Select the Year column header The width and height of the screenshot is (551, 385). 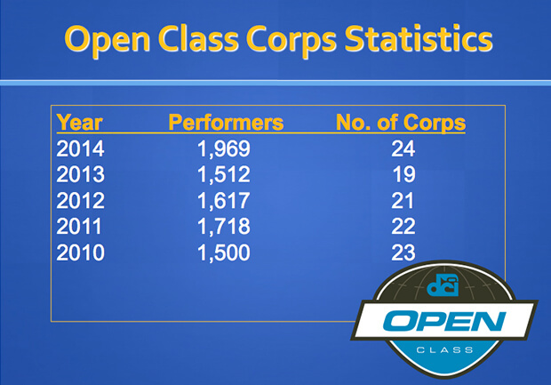(x=79, y=123)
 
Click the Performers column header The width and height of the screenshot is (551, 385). (x=226, y=123)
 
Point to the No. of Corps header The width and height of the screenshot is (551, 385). (x=401, y=123)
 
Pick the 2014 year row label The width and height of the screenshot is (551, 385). (x=80, y=148)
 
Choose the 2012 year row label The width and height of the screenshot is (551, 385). (x=80, y=201)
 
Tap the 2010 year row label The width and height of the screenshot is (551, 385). (x=80, y=253)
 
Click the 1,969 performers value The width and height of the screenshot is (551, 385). (x=224, y=149)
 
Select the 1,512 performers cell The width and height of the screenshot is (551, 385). (x=224, y=175)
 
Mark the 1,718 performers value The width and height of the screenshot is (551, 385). (x=224, y=227)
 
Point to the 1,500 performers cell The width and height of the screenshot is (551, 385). (x=224, y=253)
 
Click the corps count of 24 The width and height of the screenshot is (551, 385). (x=403, y=148)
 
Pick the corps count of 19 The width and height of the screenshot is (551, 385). (x=404, y=175)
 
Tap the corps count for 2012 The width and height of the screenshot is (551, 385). (x=403, y=201)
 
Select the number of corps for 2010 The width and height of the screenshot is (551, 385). (x=403, y=253)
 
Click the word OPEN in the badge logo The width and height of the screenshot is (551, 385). (x=444, y=321)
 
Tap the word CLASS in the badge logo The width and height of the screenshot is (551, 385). (x=444, y=350)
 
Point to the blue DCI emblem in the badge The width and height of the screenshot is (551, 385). (x=443, y=285)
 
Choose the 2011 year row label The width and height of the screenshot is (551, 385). (x=79, y=227)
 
